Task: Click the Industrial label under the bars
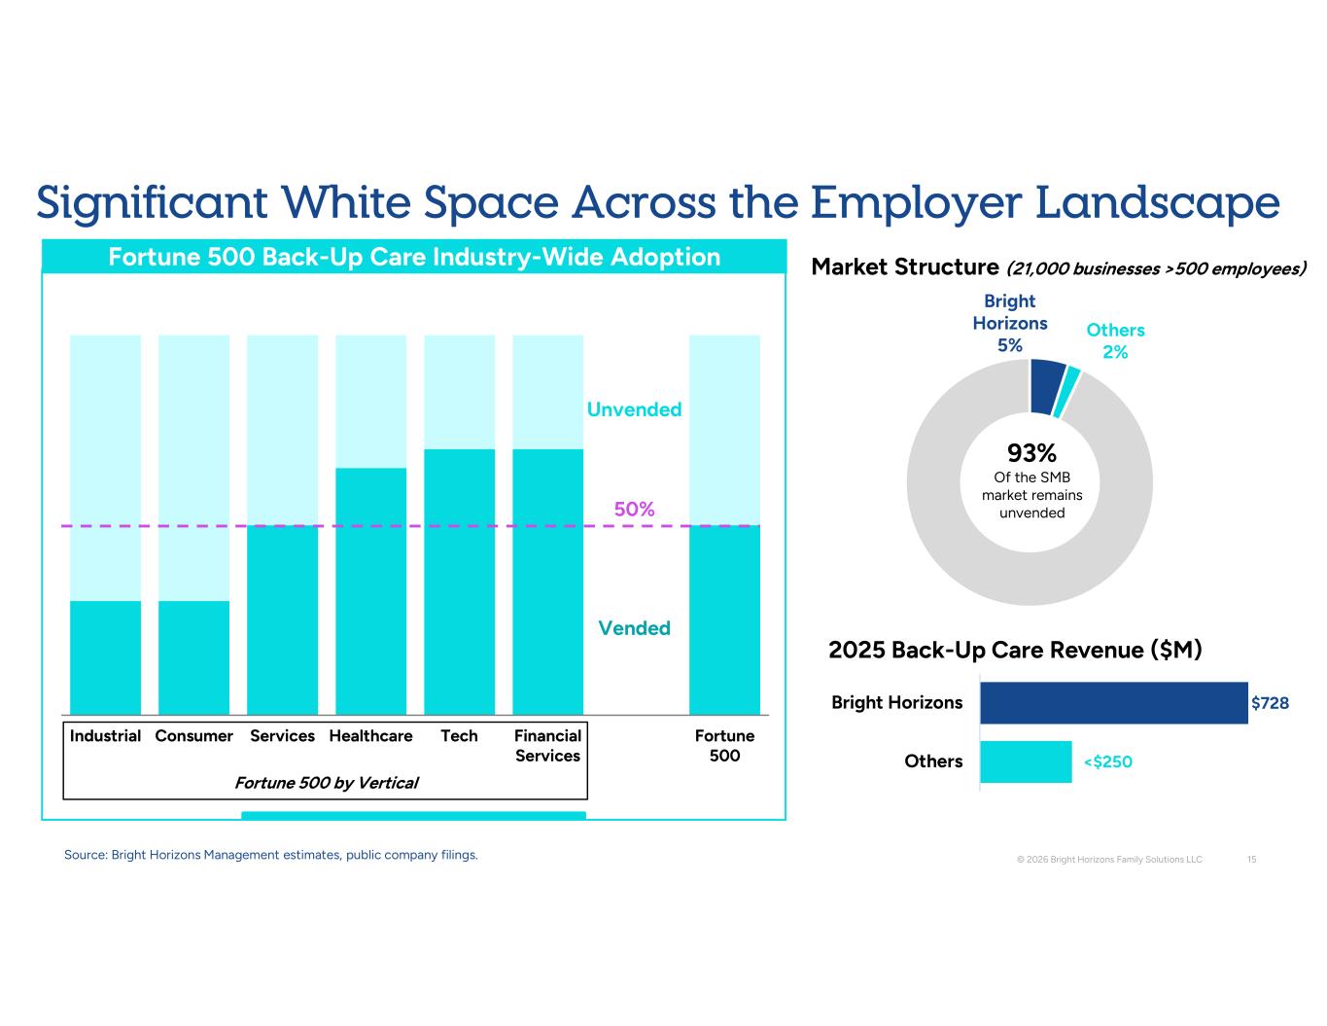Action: pos(105,735)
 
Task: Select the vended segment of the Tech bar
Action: pos(459,582)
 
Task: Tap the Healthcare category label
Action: pos(370,735)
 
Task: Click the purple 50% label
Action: pos(634,509)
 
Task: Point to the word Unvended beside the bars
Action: pos(634,409)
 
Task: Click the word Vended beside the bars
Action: pos(634,628)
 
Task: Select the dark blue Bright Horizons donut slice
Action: pos(1047,386)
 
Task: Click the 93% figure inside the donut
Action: pos(1031,453)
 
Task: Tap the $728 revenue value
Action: pos(1271,703)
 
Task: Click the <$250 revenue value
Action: pos(1107,761)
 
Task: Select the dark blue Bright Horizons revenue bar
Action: pos(1114,703)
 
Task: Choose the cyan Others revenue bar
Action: pos(1026,761)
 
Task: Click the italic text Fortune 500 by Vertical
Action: pos(326,782)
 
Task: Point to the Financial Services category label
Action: pos(547,746)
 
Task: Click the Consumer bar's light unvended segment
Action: pos(193,468)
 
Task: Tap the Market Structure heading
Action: pos(904,266)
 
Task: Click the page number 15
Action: pos(1251,860)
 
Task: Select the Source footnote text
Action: pos(271,855)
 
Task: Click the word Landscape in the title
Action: pos(1158,202)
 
